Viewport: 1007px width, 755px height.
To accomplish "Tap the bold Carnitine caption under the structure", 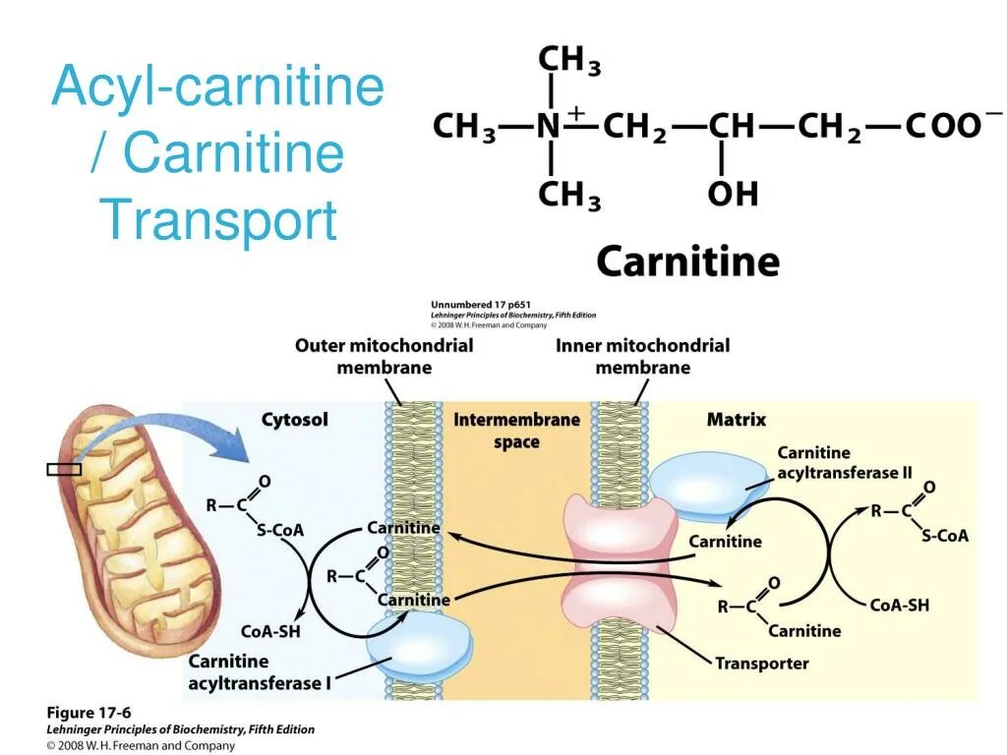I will [687, 261].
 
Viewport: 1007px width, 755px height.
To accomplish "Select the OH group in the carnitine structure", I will [732, 194].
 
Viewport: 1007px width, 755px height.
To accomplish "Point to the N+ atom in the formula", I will [554, 126].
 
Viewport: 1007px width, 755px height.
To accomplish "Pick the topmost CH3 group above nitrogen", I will [568, 61].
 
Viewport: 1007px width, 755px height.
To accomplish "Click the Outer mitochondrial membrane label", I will [384, 356].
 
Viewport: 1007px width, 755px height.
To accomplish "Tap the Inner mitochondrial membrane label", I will [642, 356].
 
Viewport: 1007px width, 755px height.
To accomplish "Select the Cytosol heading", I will [294, 420].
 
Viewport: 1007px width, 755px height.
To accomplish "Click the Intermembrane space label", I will [516, 431].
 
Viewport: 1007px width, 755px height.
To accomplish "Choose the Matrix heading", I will [736, 420].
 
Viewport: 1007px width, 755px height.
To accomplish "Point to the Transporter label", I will [761, 663].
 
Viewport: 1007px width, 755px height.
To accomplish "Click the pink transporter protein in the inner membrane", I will [620, 565].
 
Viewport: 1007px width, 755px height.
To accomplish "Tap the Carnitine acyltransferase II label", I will [844, 462].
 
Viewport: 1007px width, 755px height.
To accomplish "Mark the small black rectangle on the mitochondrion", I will [64, 469].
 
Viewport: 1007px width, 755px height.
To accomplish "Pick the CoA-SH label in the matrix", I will [899, 605].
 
